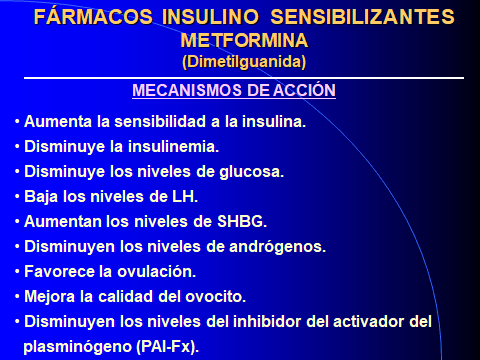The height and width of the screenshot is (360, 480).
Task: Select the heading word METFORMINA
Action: click(244, 43)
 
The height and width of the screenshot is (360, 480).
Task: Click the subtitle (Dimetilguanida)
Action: click(244, 62)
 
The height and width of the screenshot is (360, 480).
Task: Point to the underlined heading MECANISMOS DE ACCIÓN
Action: click(234, 91)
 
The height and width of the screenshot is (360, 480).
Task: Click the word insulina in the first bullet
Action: click(274, 122)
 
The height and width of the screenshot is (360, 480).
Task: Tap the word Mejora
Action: click(49, 295)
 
